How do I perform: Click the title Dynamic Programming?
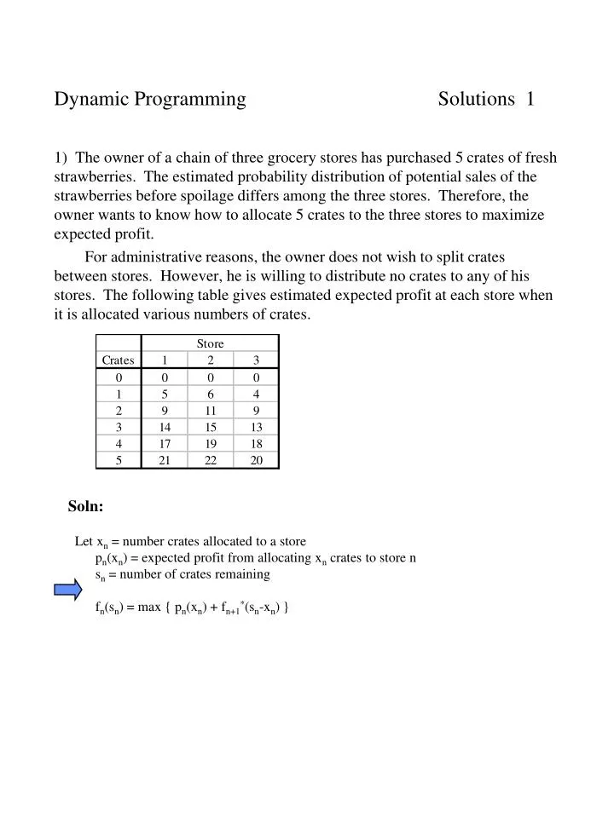point(150,100)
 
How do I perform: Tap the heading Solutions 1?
point(486,100)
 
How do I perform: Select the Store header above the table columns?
point(210,343)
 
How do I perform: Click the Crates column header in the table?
point(119,360)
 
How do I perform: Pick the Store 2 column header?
point(210,360)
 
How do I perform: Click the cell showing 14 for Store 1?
point(165,427)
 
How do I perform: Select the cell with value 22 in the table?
point(210,460)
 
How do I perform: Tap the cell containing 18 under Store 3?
point(256,444)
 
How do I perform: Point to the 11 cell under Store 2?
point(210,411)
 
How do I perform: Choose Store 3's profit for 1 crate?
point(256,394)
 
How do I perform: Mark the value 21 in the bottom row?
point(165,460)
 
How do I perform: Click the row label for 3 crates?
point(119,427)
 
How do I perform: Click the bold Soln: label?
point(86,507)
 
